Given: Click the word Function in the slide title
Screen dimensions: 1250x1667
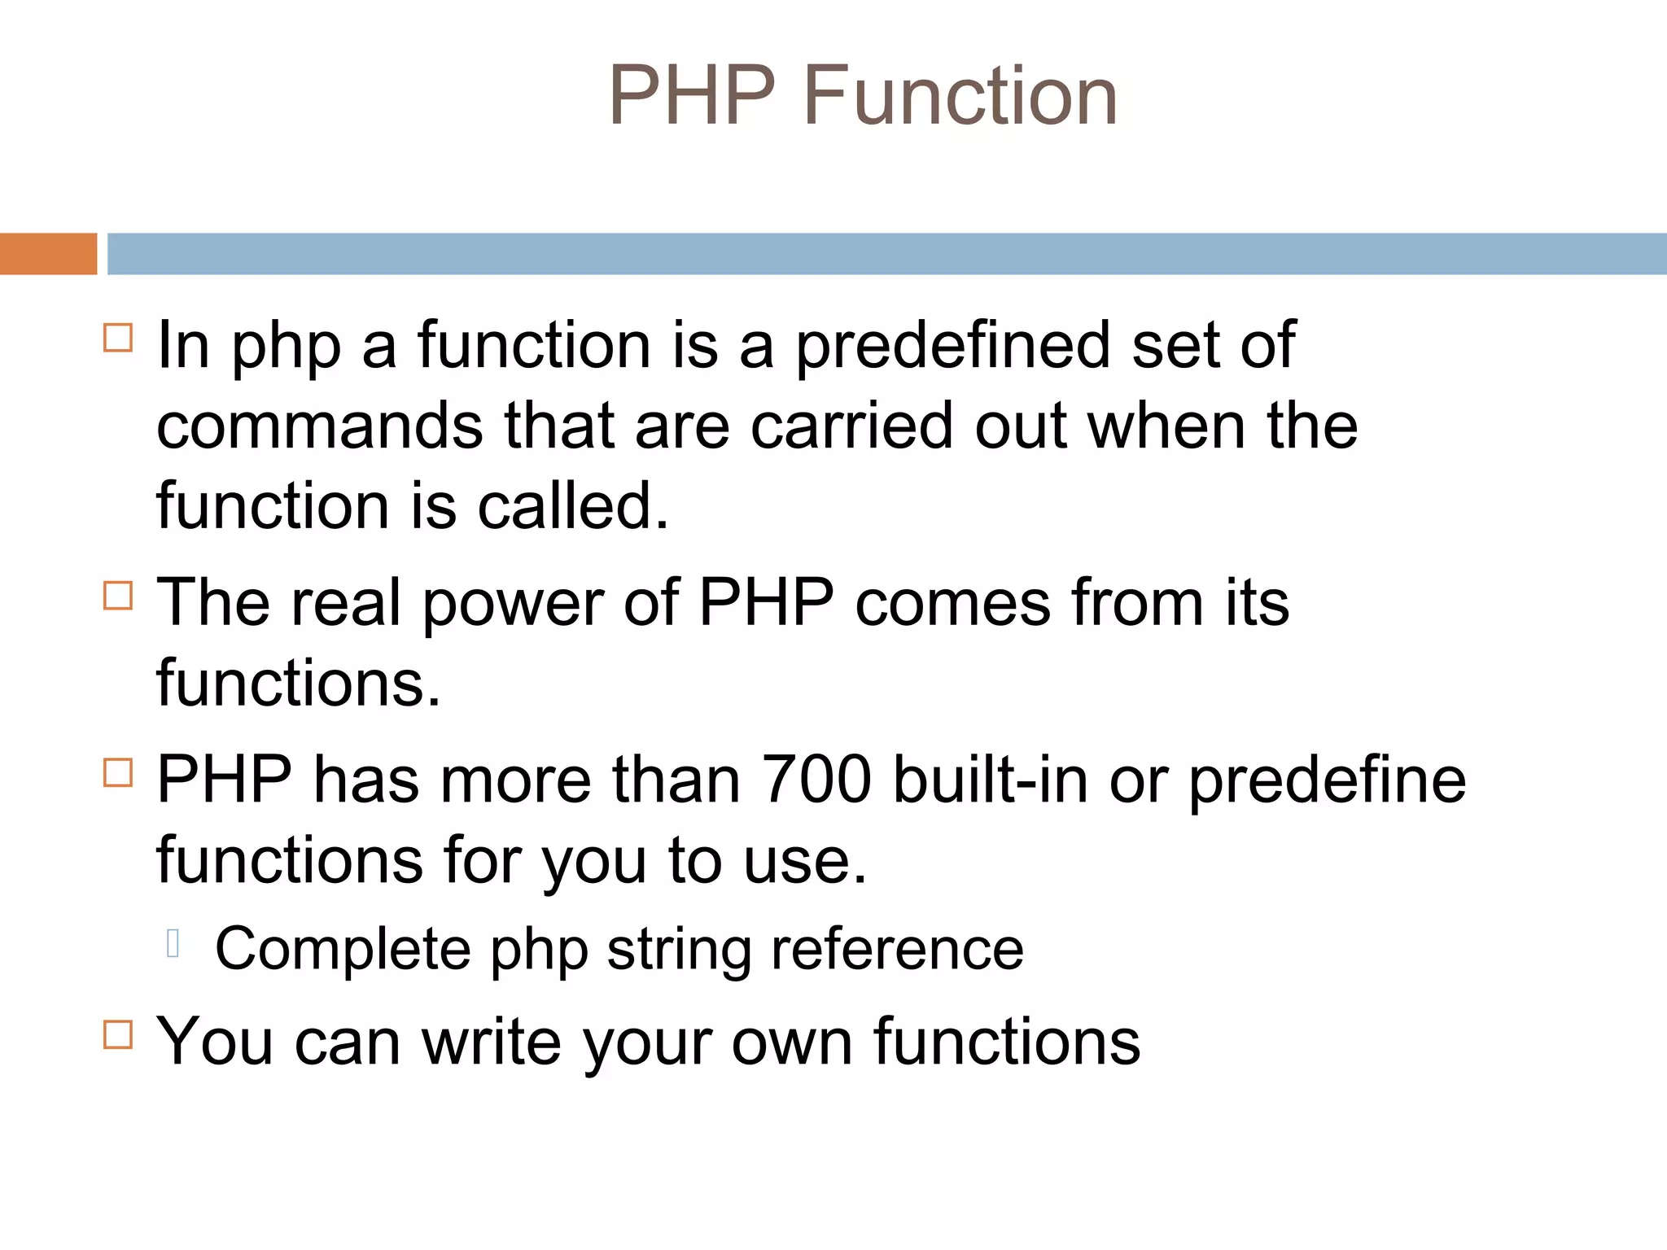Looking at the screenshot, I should [960, 96].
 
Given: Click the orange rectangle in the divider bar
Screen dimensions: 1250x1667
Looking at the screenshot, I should [48, 254].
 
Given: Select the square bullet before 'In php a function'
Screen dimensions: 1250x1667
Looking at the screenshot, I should [118, 337].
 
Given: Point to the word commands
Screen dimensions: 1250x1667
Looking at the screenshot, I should [319, 426].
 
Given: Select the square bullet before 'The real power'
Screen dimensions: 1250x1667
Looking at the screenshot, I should [118, 596].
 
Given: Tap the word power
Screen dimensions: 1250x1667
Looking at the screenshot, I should [512, 603].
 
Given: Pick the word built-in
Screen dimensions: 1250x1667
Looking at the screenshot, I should [990, 780].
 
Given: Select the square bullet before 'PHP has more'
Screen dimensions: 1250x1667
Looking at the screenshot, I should [118, 772].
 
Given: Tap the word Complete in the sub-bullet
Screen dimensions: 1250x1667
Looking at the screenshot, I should [343, 949].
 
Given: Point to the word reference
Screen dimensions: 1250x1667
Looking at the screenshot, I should [897, 949].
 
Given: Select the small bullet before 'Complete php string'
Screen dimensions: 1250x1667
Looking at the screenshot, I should [173, 943].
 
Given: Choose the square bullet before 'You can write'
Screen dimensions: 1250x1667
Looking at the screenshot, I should [118, 1034].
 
